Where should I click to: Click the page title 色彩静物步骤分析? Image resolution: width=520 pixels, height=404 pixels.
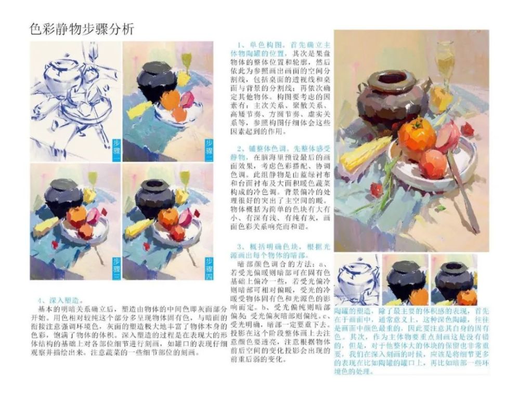(82, 29)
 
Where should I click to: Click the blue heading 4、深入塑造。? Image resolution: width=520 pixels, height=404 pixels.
(60, 300)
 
